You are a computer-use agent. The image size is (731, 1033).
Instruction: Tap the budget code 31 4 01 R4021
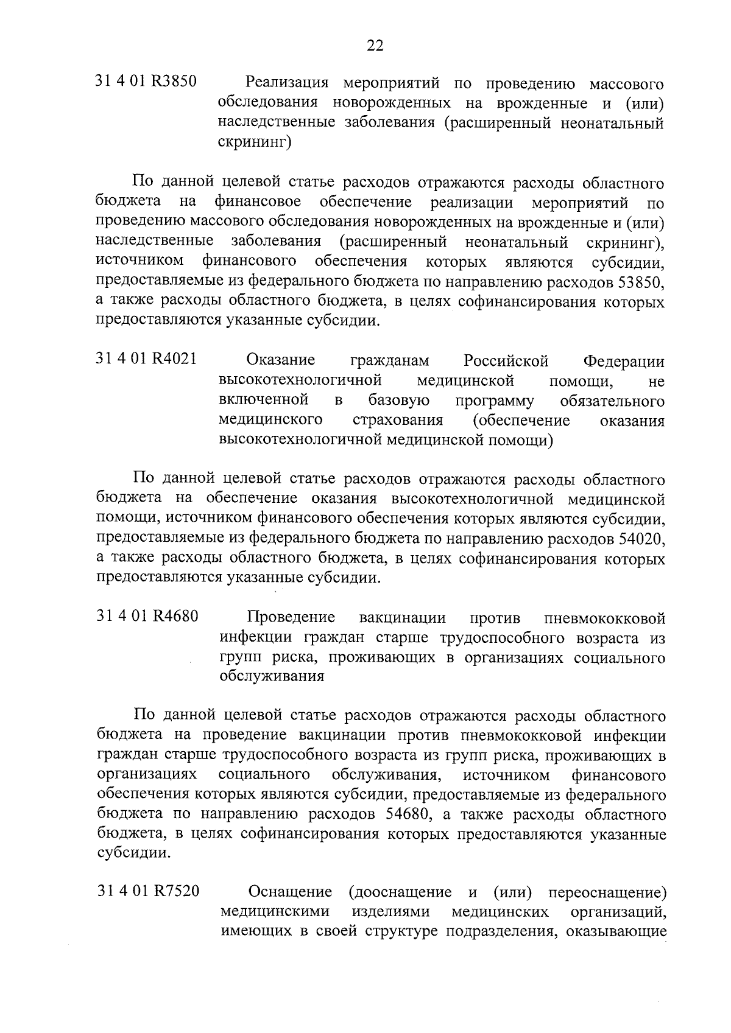(147, 359)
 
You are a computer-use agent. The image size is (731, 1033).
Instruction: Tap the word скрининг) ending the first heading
(255, 142)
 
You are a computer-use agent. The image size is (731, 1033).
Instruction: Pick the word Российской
(506, 360)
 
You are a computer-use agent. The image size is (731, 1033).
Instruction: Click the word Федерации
(624, 361)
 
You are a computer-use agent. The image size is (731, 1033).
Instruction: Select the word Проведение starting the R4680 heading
(291, 617)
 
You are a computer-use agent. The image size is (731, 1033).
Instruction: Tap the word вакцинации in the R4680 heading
(402, 618)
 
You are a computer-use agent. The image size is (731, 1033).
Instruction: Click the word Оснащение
(290, 892)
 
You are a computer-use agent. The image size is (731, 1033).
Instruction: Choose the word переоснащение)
(606, 892)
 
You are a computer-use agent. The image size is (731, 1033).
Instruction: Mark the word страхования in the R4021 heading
(398, 421)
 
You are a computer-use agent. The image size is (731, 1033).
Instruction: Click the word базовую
(399, 401)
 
